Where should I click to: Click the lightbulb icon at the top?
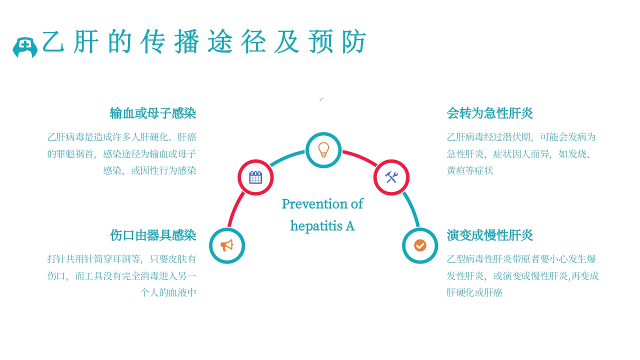tap(323, 149)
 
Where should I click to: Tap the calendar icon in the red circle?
tap(255, 177)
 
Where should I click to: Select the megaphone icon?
tap(227, 245)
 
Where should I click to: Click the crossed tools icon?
tap(391, 177)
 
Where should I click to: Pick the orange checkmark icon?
tap(420, 245)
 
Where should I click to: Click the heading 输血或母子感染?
tap(153, 113)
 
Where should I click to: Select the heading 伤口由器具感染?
tap(153, 235)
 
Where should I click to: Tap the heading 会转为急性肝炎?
tap(490, 113)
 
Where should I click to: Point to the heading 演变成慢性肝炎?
tap(490, 235)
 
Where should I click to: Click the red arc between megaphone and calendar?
tap(235, 210)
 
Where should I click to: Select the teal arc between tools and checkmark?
tap(411, 210)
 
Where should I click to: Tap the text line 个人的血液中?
tap(168, 292)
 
